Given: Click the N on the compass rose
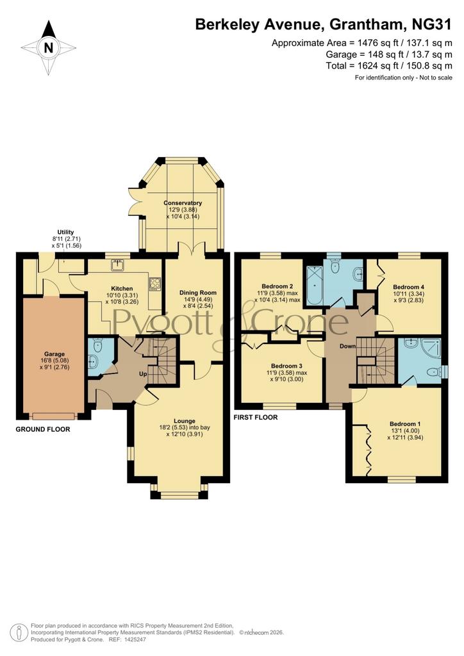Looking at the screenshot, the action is click(x=49, y=47).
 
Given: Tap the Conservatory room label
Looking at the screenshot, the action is click(x=183, y=203).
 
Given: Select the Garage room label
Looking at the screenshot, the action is click(x=54, y=354).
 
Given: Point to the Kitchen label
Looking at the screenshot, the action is click(x=122, y=288).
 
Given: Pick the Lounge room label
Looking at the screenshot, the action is click(x=185, y=421).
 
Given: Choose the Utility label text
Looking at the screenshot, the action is click(x=65, y=232).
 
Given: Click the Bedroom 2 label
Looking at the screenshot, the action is click(x=277, y=286).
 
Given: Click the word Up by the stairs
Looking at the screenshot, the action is click(x=143, y=374).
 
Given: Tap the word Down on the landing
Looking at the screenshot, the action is click(x=348, y=346).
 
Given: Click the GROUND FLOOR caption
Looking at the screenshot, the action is click(x=43, y=429).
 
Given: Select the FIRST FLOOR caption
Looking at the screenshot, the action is click(x=256, y=417).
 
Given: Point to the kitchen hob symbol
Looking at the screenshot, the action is click(x=155, y=284).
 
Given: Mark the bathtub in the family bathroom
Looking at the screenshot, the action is click(x=314, y=286).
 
